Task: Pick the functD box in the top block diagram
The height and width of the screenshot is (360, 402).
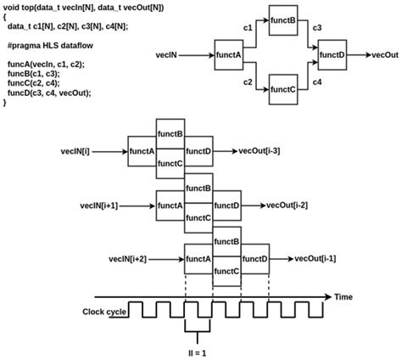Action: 332,55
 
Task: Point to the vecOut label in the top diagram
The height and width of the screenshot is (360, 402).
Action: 387,55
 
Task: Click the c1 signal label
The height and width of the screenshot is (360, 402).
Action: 248,29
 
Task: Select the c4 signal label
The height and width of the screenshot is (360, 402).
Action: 316,82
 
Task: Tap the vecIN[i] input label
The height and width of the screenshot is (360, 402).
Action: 98,151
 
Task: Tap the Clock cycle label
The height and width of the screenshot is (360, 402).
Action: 106,312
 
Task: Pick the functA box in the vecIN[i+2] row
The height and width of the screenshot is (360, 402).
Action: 198,258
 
